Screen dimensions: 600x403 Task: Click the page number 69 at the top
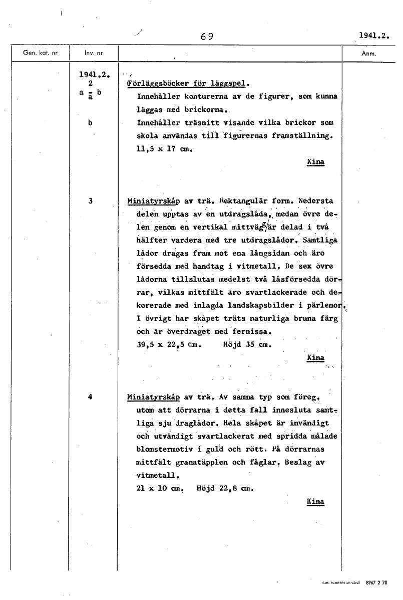[x=207, y=36]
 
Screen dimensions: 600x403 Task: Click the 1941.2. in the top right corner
[x=374, y=35]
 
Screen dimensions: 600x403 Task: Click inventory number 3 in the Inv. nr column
[x=90, y=201]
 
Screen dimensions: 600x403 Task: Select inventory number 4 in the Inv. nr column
[x=90, y=397]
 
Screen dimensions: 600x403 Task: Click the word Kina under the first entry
[x=315, y=162]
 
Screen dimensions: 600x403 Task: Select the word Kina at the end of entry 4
[x=315, y=502]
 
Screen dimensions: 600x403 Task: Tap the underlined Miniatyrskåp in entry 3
[x=154, y=201]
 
